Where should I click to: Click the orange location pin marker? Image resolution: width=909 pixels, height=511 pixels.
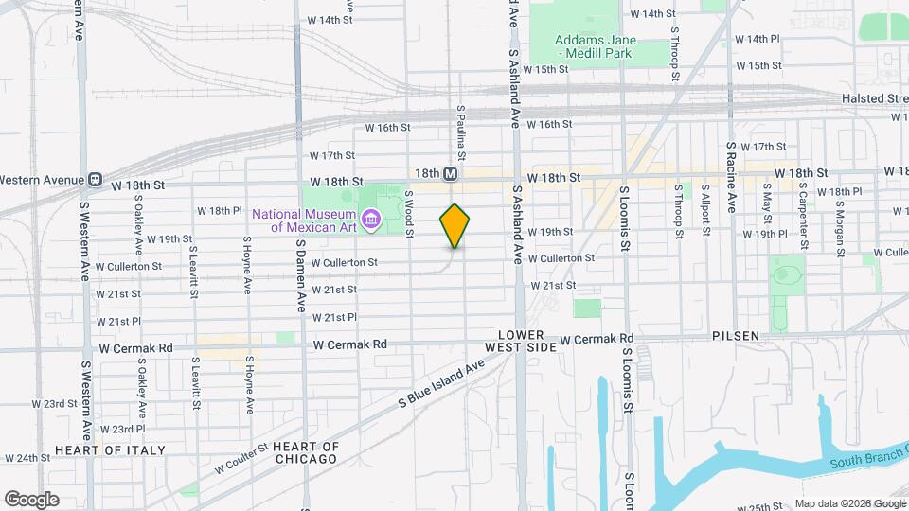(x=454, y=225)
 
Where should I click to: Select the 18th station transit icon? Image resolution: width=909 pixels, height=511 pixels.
(x=451, y=174)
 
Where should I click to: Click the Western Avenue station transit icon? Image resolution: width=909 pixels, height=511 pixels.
(x=95, y=179)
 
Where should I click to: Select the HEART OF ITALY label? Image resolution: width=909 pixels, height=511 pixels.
(x=110, y=449)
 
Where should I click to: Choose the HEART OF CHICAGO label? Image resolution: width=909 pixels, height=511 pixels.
(x=305, y=452)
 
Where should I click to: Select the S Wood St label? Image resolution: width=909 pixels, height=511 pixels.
(x=409, y=213)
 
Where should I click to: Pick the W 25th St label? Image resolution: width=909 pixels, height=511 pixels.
(x=763, y=507)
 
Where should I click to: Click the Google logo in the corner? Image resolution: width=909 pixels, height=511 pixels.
(x=31, y=499)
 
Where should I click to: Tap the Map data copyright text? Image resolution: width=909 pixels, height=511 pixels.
(x=850, y=503)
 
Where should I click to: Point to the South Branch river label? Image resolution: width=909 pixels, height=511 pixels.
(x=868, y=463)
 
